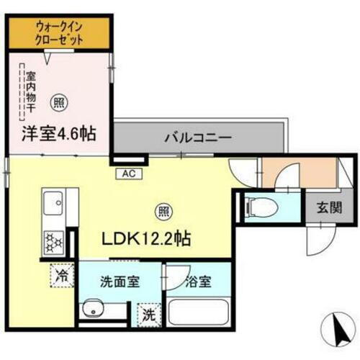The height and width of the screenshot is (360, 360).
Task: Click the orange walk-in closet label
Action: coord(60,33)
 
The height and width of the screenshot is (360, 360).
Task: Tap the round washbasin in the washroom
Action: coord(91,312)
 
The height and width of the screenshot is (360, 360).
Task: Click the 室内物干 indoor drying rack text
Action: coord(31,93)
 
